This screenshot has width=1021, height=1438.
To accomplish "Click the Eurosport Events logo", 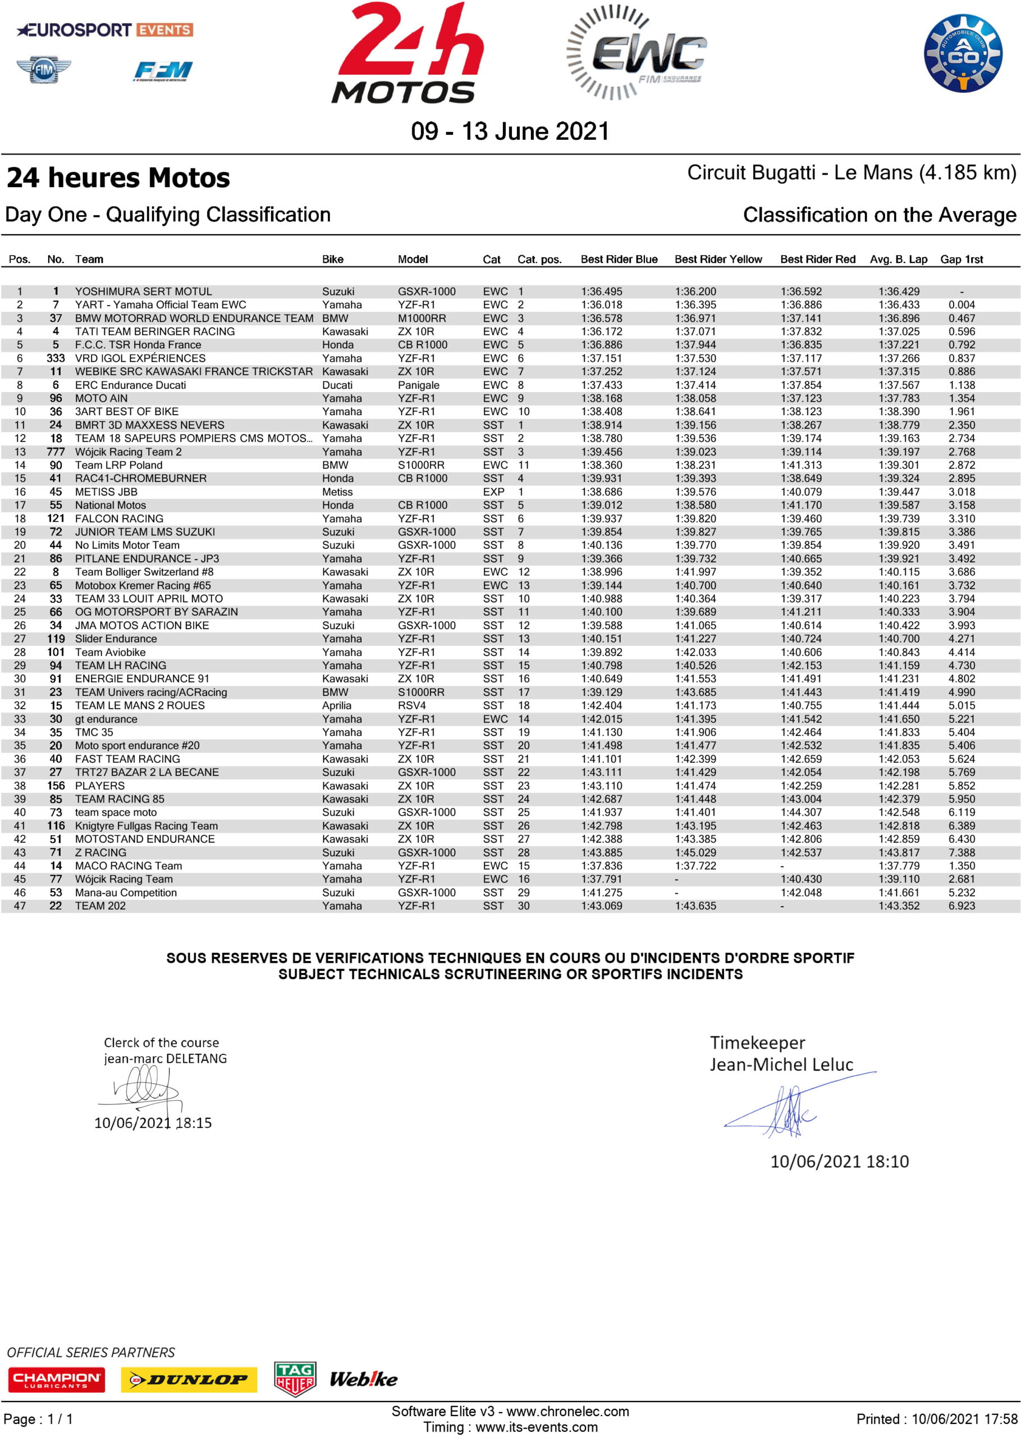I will pyautogui.click(x=105, y=30).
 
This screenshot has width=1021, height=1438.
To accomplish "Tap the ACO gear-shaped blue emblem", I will pyautogui.click(x=963, y=53).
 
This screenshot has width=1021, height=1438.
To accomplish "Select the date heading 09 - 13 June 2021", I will pyautogui.click(x=510, y=131).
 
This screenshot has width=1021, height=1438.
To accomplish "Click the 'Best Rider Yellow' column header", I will pyautogui.click(x=718, y=259).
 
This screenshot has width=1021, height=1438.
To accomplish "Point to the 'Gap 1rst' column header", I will pyautogui.click(x=962, y=259).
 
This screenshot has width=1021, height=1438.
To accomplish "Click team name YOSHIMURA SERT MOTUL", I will pyautogui.click(x=143, y=291).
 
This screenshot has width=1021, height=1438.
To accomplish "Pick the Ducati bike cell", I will pyautogui.click(x=337, y=385).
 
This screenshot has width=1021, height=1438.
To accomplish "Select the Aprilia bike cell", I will pyautogui.click(x=337, y=705).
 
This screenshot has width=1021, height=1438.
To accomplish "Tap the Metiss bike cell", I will pyautogui.click(x=337, y=492).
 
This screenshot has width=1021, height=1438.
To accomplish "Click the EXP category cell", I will pyautogui.click(x=493, y=492).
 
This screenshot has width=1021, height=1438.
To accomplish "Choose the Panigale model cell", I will pyautogui.click(x=419, y=385).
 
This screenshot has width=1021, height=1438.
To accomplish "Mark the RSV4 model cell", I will pyautogui.click(x=412, y=705).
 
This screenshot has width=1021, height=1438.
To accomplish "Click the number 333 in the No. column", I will pyautogui.click(x=56, y=358).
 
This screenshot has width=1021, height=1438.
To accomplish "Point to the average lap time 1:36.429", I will pyautogui.click(x=899, y=291).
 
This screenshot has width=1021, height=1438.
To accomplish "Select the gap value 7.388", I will pyautogui.click(x=962, y=852).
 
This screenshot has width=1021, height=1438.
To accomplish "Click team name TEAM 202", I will pyautogui.click(x=100, y=906).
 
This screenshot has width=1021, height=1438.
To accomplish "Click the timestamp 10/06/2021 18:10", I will pyautogui.click(x=839, y=1161).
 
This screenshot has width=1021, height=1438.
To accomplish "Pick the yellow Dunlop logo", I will pyautogui.click(x=189, y=1380).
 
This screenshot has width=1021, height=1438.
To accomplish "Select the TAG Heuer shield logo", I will pyautogui.click(x=295, y=1378).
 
